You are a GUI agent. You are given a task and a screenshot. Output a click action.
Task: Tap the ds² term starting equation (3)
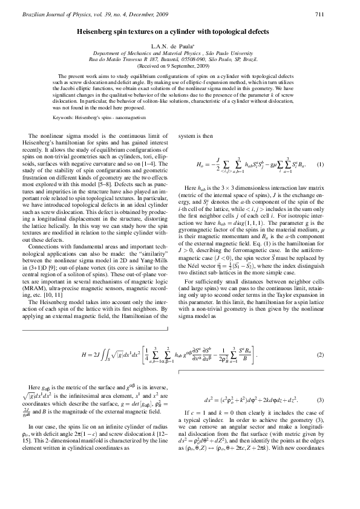(x=209, y=400)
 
